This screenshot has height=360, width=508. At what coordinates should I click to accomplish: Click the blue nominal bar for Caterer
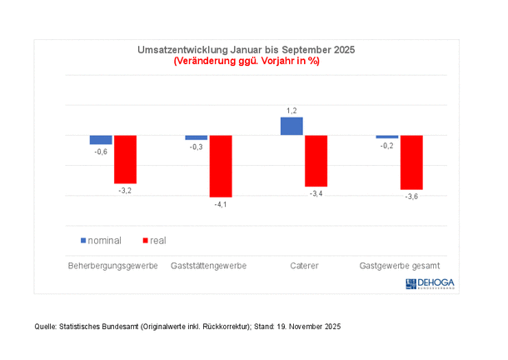291,126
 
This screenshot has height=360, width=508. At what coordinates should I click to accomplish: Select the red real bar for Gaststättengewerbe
221,166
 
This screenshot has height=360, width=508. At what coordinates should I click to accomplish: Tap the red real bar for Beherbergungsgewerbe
125,159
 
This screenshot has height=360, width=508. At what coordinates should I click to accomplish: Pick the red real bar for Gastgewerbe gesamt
411,162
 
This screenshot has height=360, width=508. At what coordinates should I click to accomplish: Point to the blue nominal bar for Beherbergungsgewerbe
101,139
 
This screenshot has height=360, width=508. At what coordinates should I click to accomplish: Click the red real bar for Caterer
316,161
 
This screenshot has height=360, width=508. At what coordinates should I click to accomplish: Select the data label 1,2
291,110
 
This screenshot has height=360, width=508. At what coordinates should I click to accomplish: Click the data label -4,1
221,204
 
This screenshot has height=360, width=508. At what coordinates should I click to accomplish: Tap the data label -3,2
125,191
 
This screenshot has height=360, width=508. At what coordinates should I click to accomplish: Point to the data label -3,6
411,197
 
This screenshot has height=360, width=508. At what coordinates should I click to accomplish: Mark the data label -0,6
101,152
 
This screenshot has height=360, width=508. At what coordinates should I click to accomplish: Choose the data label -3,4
316,193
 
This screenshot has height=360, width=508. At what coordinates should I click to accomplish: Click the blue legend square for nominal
83,241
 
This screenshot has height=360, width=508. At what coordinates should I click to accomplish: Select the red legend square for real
146,241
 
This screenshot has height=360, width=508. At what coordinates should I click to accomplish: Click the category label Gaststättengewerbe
208,267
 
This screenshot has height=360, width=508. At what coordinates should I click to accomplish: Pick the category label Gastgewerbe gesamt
399,267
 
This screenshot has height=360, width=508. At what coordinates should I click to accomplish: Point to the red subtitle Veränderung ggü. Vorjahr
246,61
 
